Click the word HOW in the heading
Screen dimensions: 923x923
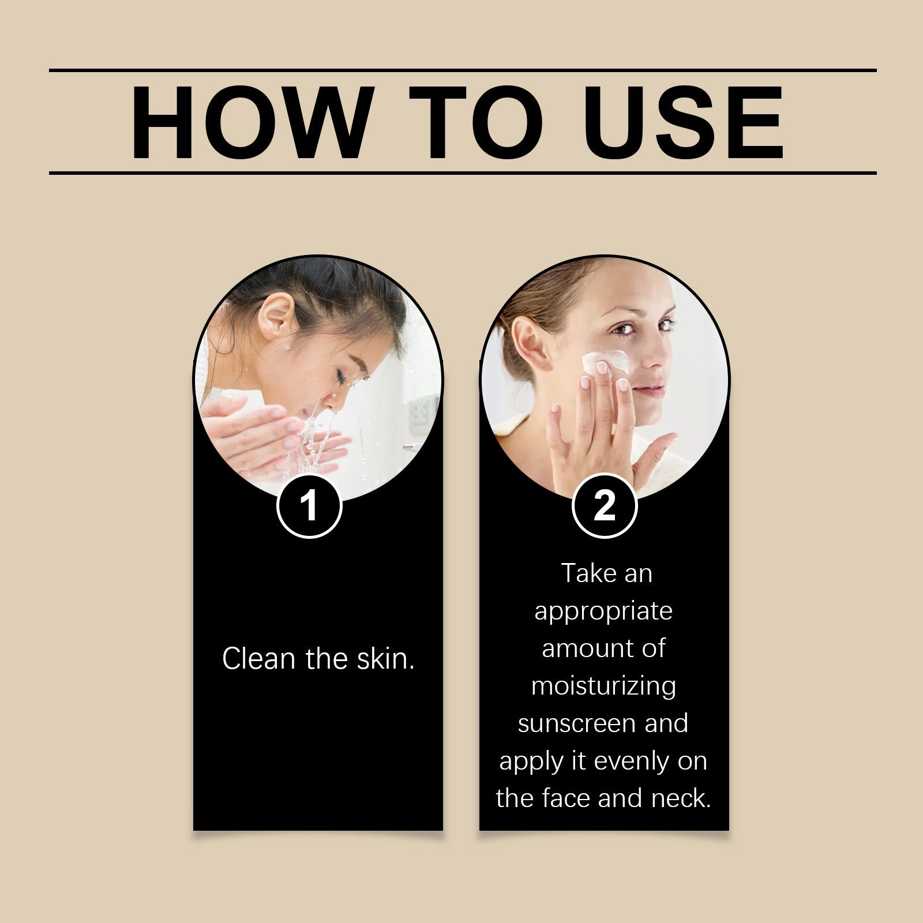(242, 123)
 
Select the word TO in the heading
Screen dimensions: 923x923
(475, 123)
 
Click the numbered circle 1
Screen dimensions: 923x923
(310, 506)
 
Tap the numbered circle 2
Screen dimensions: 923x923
(604, 506)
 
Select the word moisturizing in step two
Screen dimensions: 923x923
(603, 686)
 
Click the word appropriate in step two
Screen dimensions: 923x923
(603, 611)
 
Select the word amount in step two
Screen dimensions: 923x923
(577, 648)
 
